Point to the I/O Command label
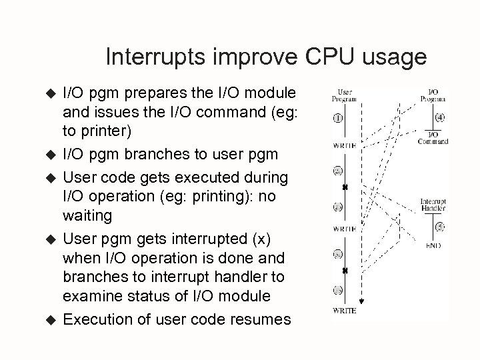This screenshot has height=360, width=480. point(433,137)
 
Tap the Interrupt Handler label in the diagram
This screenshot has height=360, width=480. point(433,205)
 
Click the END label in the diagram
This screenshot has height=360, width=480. point(433,244)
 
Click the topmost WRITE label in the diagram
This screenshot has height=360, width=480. point(345,144)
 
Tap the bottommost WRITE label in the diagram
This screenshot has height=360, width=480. point(345,311)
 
